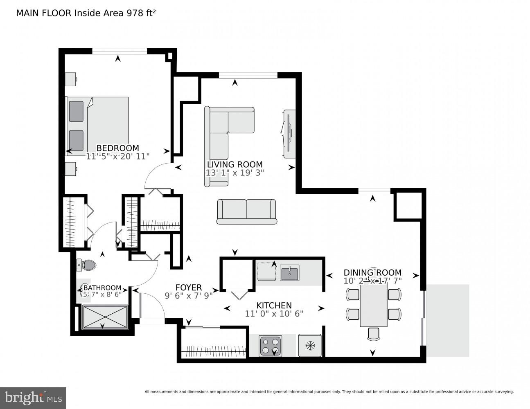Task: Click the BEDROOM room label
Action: (x=117, y=148)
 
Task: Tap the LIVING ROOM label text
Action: (x=235, y=164)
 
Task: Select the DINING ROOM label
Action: (x=372, y=272)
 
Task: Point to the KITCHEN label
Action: (x=274, y=306)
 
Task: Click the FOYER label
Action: (x=189, y=288)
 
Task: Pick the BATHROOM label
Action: (x=102, y=288)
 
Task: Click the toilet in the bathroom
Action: (x=86, y=265)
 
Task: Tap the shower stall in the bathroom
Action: (x=105, y=317)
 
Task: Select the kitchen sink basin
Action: (x=290, y=272)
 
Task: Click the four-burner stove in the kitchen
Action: (x=271, y=346)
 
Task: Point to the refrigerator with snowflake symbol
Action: (x=310, y=346)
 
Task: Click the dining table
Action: (x=373, y=306)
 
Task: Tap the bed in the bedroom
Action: (x=97, y=126)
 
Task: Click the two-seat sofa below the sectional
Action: (x=246, y=211)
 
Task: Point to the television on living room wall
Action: (x=289, y=134)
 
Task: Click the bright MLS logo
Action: (x=33, y=398)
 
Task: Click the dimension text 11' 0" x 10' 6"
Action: (x=274, y=314)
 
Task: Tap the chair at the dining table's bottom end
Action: (x=373, y=334)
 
